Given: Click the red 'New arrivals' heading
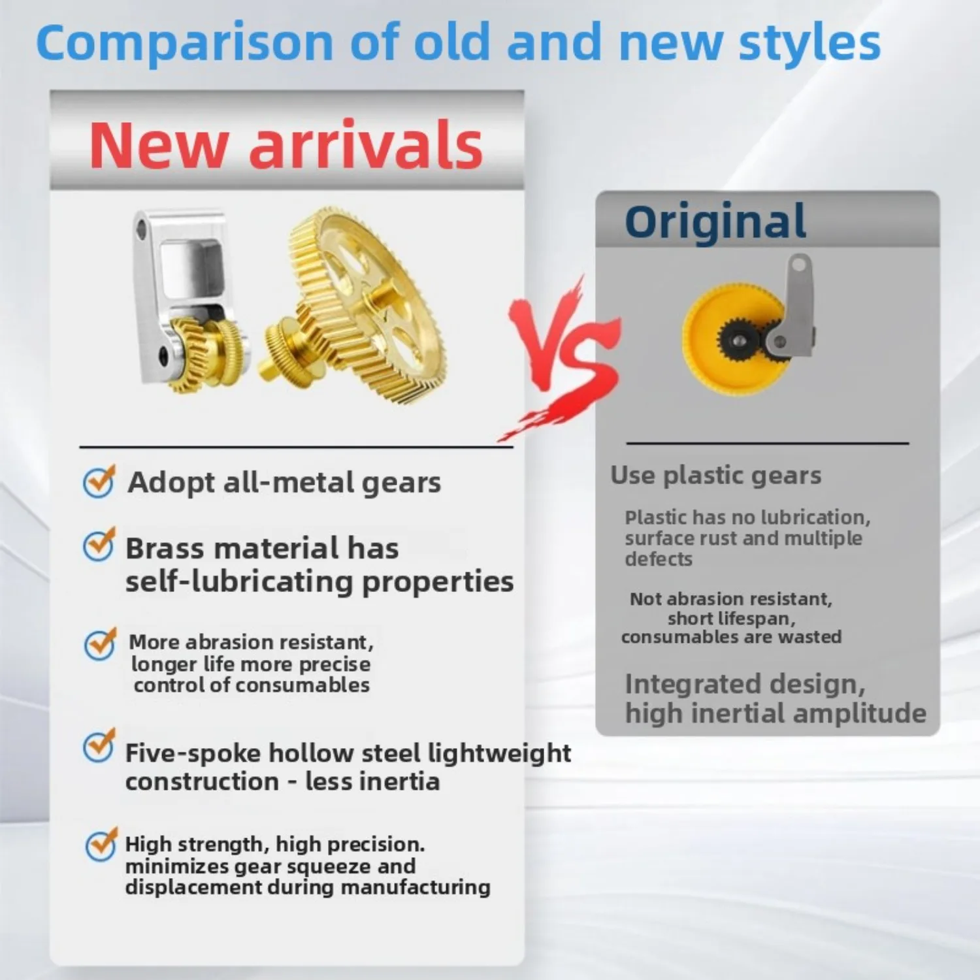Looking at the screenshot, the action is coord(286,145).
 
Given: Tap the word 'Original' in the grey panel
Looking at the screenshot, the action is coord(715,221).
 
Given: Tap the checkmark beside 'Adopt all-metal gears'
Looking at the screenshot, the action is coord(99,482).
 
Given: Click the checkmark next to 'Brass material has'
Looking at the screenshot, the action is coord(99,544).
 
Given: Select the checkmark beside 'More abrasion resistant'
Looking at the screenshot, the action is coord(101,644).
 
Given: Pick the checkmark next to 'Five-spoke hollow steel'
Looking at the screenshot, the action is coord(99,745).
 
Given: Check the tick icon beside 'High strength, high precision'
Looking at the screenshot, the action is coord(102,845).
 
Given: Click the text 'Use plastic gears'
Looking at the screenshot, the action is coord(716,476).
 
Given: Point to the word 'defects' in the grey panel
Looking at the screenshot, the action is coord(659,559).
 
